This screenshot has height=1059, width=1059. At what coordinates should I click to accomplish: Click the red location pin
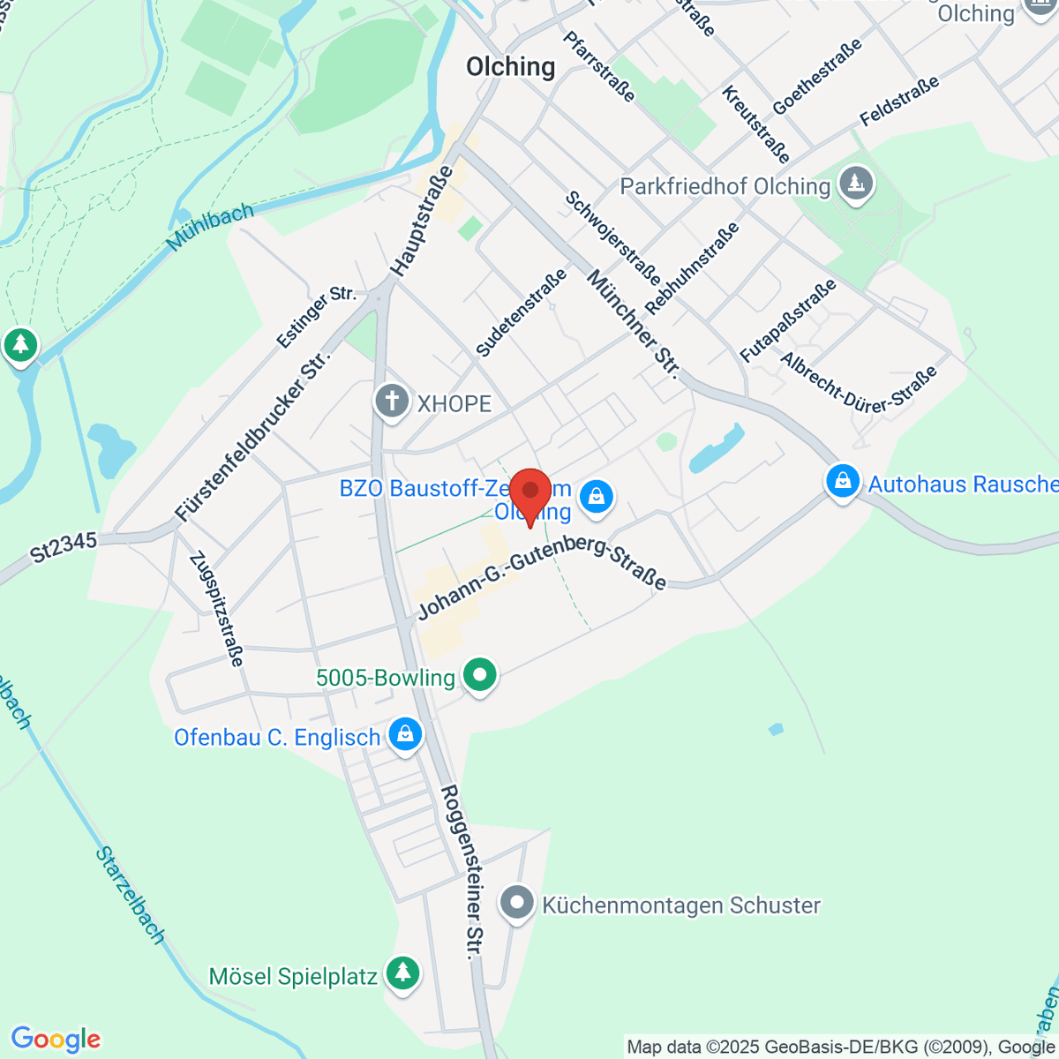tap(530, 494)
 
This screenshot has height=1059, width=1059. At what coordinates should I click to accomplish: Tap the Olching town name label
tap(511, 67)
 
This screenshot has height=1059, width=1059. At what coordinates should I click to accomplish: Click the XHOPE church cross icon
tap(392, 402)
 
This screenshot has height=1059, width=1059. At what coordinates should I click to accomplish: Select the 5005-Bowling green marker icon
tap(480, 676)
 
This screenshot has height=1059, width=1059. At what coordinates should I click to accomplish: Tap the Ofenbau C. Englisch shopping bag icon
tap(405, 735)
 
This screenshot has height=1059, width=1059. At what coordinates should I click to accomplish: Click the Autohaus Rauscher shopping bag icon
tap(843, 482)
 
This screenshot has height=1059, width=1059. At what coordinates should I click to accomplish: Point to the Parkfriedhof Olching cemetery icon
tap(855, 184)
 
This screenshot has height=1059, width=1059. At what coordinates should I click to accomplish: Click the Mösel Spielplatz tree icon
tap(403, 974)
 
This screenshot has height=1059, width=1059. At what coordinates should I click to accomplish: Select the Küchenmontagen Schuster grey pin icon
tap(517, 904)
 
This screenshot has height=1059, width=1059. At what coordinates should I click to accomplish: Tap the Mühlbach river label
tap(211, 226)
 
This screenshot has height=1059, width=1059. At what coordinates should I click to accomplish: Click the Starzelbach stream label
tap(131, 895)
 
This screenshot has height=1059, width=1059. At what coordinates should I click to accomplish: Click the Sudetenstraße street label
tap(521, 314)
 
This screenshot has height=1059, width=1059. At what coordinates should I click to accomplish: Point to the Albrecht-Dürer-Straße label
tap(858, 380)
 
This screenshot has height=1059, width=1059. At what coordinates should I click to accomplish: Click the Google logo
tap(55, 1039)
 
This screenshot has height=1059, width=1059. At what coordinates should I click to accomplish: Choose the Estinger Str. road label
tap(315, 316)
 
